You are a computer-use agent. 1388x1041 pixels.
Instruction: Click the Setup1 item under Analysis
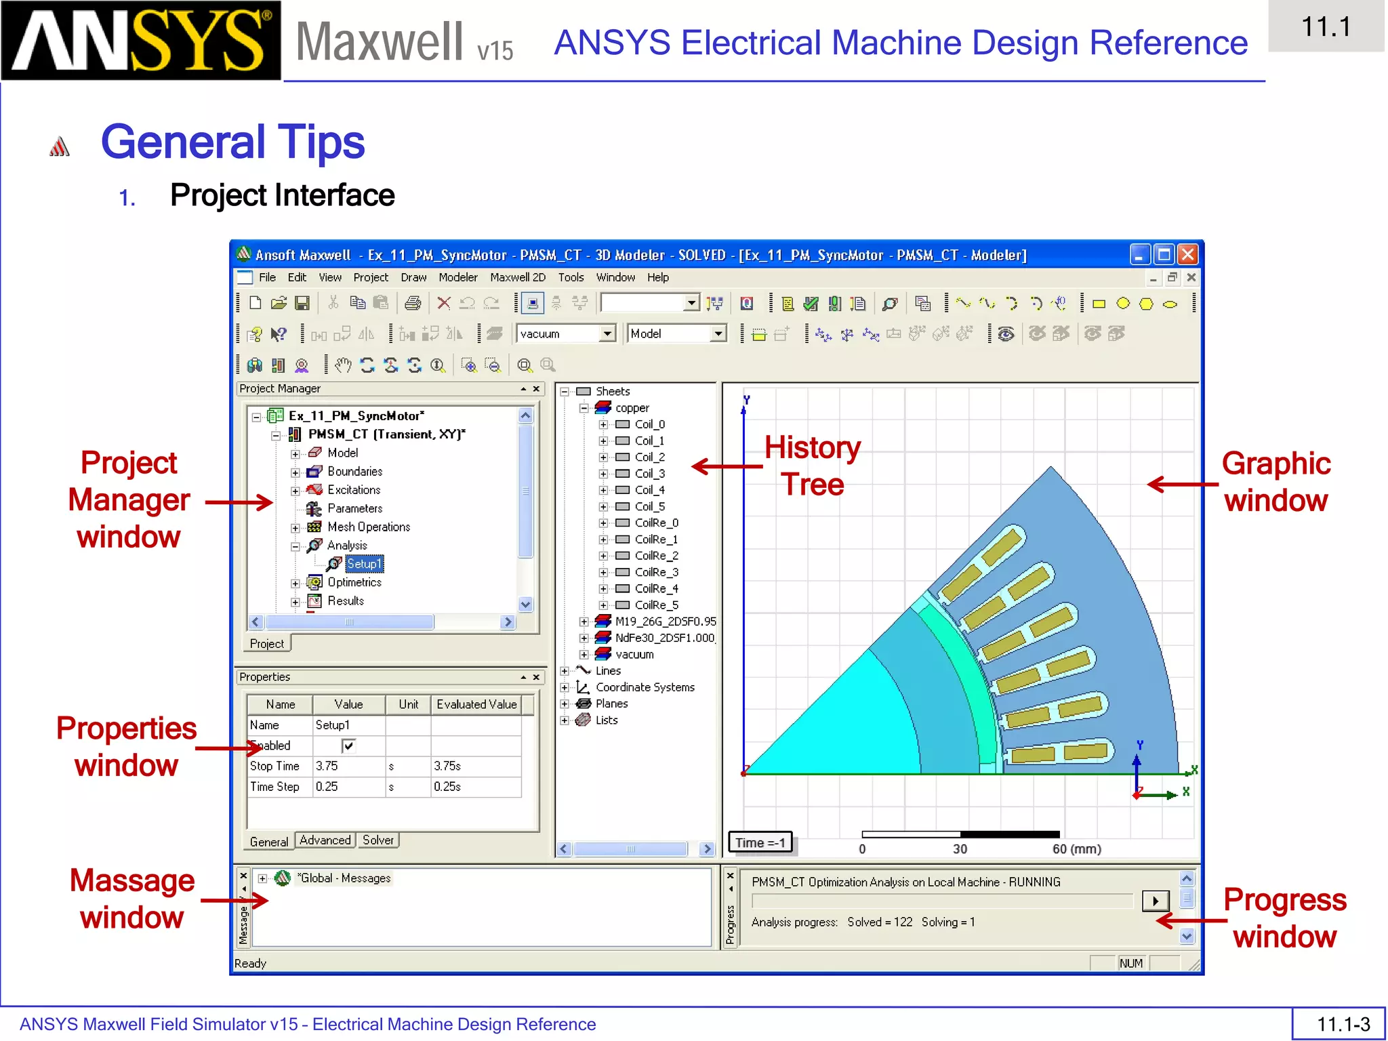pos(364,564)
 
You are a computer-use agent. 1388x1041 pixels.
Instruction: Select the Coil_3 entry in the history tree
pos(649,474)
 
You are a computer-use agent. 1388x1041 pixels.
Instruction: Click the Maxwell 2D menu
pos(518,277)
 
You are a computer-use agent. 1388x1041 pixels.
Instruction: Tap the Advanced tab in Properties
pos(325,840)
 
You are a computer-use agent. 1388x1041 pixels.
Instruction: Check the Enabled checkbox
pos(348,746)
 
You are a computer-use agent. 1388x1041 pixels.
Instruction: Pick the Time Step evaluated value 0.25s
pos(474,787)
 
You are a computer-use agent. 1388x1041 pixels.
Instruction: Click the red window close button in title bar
pos(1187,255)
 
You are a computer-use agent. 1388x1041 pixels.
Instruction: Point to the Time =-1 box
pos(760,842)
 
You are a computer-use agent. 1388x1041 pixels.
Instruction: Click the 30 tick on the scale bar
pos(960,849)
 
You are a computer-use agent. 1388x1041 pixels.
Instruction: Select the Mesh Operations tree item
pos(368,527)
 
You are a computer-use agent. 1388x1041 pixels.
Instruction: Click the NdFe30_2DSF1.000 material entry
pos(664,638)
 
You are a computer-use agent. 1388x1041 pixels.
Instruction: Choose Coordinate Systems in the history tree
pos(645,687)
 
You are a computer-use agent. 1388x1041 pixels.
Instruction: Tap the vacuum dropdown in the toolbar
pos(565,333)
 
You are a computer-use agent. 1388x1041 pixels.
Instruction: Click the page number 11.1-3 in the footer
pos(1343,1023)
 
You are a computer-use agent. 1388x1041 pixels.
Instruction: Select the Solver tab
pos(377,840)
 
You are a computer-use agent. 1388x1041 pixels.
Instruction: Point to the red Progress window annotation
pos(1284,918)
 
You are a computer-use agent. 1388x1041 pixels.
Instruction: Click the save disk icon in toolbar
pos(302,303)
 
